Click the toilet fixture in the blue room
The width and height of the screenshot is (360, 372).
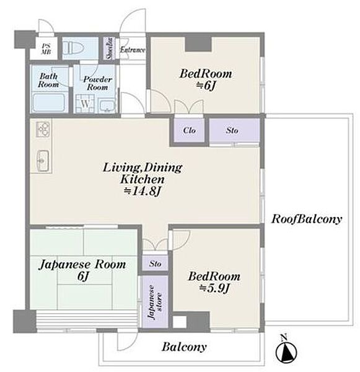pyautogui.click(x=74, y=49)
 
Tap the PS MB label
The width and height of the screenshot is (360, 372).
pyautogui.click(x=46, y=49)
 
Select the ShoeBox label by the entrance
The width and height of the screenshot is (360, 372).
pyautogui.click(x=110, y=48)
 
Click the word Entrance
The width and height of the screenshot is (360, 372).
pyautogui.click(x=133, y=50)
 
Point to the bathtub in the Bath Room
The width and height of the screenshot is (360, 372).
pyautogui.click(x=48, y=103)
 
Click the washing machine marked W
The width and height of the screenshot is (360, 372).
pyautogui.click(x=85, y=104)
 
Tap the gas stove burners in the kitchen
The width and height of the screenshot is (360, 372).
pyautogui.click(x=43, y=129)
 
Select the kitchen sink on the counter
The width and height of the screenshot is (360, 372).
pyautogui.click(x=43, y=161)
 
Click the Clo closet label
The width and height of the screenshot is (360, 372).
pyautogui.click(x=189, y=130)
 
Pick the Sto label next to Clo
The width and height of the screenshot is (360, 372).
pyautogui.click(x=232, y=130)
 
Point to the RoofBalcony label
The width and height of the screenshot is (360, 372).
pyautogui.click(x=307, y=219)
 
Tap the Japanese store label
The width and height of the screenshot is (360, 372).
pyautogui.click(x=155, y=302)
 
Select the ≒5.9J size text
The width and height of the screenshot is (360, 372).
pyautogui.click(x=214, y=288)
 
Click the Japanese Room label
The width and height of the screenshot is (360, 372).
pyautogui.click(x=82, y=264)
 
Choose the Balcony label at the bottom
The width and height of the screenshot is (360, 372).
pyautogui.click(x=184, y=347)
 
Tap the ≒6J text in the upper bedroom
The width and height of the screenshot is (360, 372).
pyautogui.click(x=206, y=86)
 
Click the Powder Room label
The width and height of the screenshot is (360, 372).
pyautogui.click(x=97, y=83)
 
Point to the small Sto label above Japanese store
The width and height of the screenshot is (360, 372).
pyautogui.click(x=156, y=263)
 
